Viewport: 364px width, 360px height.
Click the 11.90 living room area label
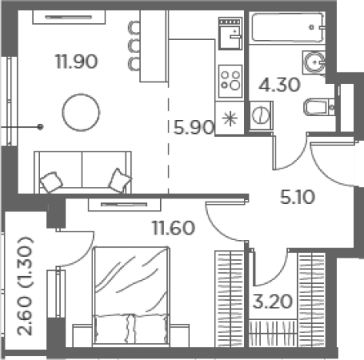76,62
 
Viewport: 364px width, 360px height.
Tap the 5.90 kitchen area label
194,127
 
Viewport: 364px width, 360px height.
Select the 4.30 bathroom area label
279,85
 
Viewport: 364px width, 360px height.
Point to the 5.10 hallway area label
297,197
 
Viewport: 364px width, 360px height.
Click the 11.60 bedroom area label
174,228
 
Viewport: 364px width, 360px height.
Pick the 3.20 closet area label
272,302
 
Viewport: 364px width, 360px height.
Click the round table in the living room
81,112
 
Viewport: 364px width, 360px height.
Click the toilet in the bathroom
319,107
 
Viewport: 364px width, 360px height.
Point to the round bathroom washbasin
313,62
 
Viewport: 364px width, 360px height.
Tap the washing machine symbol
261,115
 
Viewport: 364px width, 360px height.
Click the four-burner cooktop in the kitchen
230,81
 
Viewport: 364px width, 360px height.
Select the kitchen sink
230,33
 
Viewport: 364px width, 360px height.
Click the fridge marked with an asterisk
229,118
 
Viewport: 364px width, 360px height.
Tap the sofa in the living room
82,172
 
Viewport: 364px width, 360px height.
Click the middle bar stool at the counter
134,45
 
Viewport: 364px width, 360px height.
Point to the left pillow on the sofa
52,182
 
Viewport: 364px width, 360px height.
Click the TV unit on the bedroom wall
125,205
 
